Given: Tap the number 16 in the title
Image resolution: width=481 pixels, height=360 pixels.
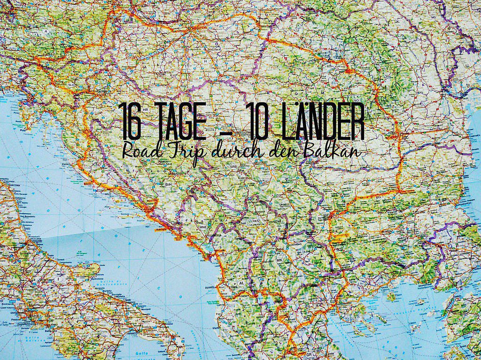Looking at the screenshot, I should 130,121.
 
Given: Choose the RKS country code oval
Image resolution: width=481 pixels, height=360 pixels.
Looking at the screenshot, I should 256,220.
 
